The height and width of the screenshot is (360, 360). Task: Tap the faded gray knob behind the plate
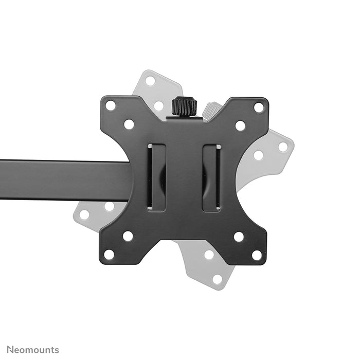click(211, 110)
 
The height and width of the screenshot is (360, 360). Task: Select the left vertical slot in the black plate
click(157, 177)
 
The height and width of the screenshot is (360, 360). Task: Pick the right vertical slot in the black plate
click(211, 177)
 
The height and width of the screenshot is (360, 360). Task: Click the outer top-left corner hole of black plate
click(111, 105)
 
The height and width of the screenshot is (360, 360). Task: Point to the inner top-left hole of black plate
click(129, 124)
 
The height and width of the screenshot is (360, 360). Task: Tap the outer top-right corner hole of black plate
click(259, 107)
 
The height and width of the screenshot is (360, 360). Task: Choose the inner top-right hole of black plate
click(240, 125)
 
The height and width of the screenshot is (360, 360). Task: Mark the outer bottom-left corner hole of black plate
click(109, 254)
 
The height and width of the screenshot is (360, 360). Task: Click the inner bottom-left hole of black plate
click(128, 236)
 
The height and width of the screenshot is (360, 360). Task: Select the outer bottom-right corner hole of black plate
click(257, 255)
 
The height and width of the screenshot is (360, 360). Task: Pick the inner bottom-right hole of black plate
click(239, 237)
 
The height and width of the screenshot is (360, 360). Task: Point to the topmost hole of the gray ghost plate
click(150, 81)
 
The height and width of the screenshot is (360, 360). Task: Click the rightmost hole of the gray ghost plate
click(283, 147)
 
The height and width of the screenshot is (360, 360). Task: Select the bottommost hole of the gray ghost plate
click(218, 279)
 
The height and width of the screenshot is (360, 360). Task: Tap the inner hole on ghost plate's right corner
click(259, 155)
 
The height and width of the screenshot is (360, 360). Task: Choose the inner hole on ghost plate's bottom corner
click(209, 255)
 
